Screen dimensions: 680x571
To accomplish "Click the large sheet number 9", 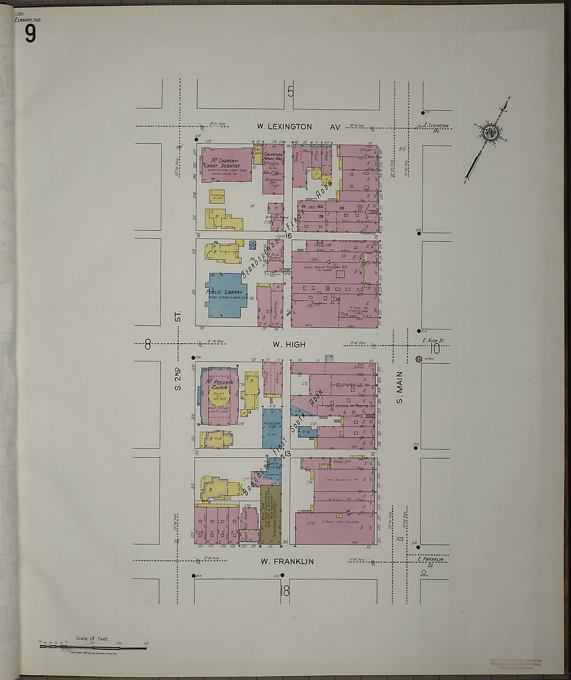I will tap(30, 34).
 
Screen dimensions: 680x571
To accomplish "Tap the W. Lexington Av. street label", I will tap(298, 126).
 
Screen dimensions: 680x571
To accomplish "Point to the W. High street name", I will tap(289, 344).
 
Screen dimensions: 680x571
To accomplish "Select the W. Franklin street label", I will tap(287, 561).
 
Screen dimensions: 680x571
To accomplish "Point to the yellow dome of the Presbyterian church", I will tap(219, 396).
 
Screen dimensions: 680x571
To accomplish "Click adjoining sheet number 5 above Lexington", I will tap(291, 92).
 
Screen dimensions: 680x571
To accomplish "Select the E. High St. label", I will tap(432, 341).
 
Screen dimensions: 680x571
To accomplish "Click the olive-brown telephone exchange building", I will tap(271, 514).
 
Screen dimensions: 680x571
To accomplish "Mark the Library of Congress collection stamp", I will tap(515, 664).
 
